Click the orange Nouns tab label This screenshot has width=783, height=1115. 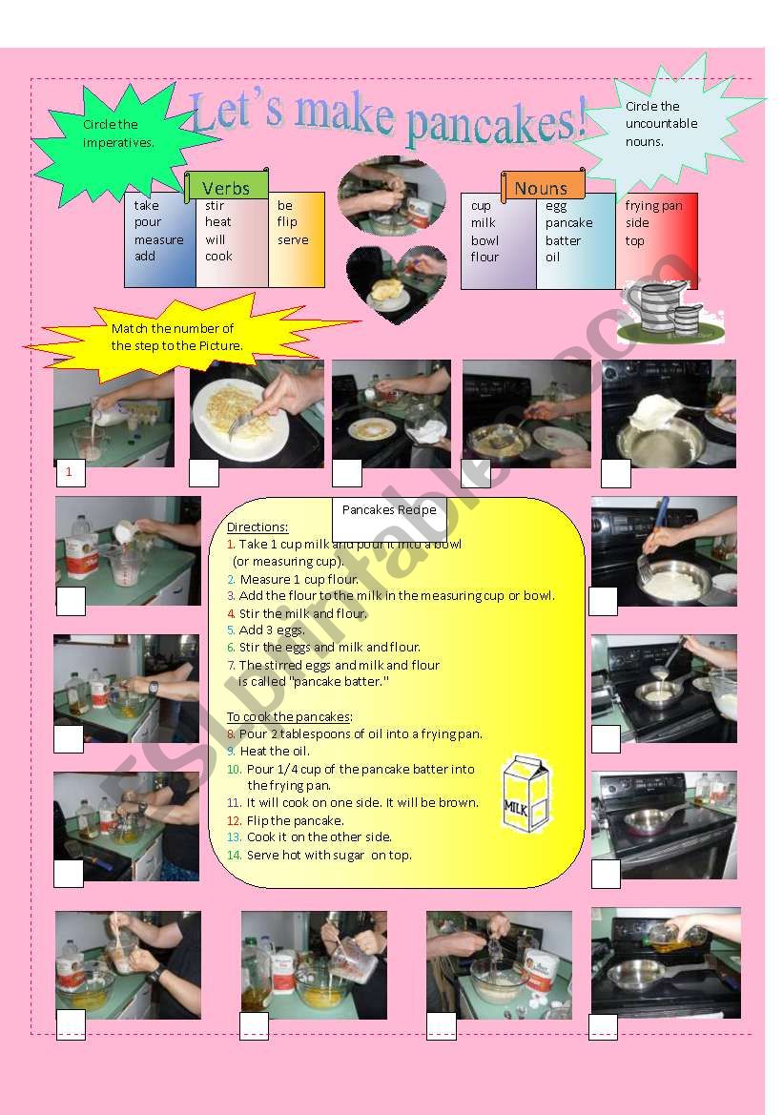pos(541,188)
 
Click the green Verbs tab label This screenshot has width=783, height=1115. pos(226,188)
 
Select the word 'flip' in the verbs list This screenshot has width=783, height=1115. pos(287,222)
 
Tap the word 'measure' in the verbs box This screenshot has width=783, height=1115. pos(158,239)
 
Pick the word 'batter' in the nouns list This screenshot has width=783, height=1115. pos(563,240)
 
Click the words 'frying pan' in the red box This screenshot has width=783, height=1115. pos(653,205)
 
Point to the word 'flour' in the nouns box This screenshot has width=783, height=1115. pos(484,257)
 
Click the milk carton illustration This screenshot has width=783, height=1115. pos(525,791)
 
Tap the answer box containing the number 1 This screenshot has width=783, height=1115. pos(69,471)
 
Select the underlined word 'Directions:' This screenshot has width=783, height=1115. pos(258,527)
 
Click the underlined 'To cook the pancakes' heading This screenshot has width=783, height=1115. pos(289,716)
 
